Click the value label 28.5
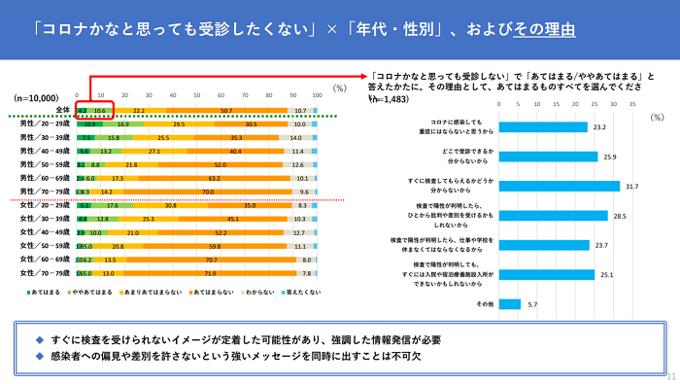coord(618,216)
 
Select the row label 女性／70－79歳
coord(44,275)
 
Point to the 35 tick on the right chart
coord(634,102)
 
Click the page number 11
coord(670,375)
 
